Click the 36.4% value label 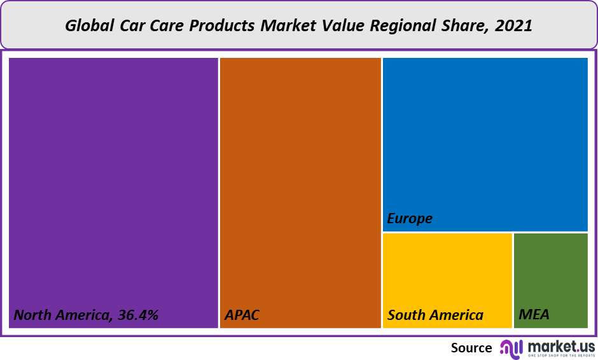click(x=136, y=315)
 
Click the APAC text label click(x=242, y=315)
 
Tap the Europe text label click(x=410, y=219)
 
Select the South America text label click(x=435, y=315)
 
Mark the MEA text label click(x=534, y=315)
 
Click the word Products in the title click(x=224, y=26)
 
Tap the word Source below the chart click(x=471, y=348)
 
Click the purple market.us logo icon click(x=511, y=347)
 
